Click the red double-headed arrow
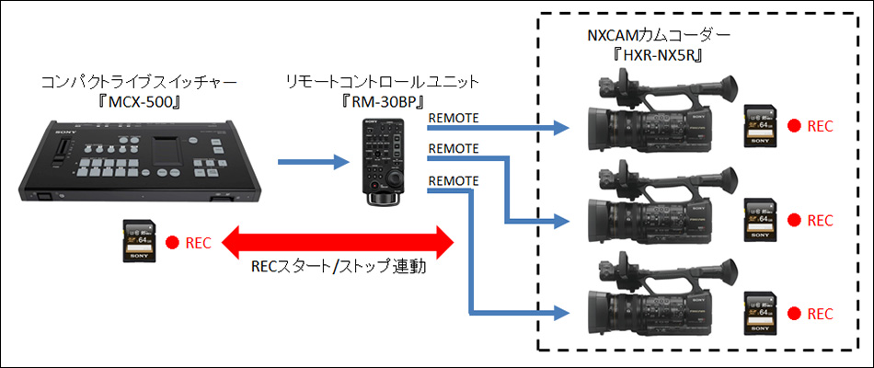[340, 244]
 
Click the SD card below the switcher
[140, 242]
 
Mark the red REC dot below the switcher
[171, 244]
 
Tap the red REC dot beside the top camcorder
[791, 127]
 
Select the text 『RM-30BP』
[383, 100]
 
